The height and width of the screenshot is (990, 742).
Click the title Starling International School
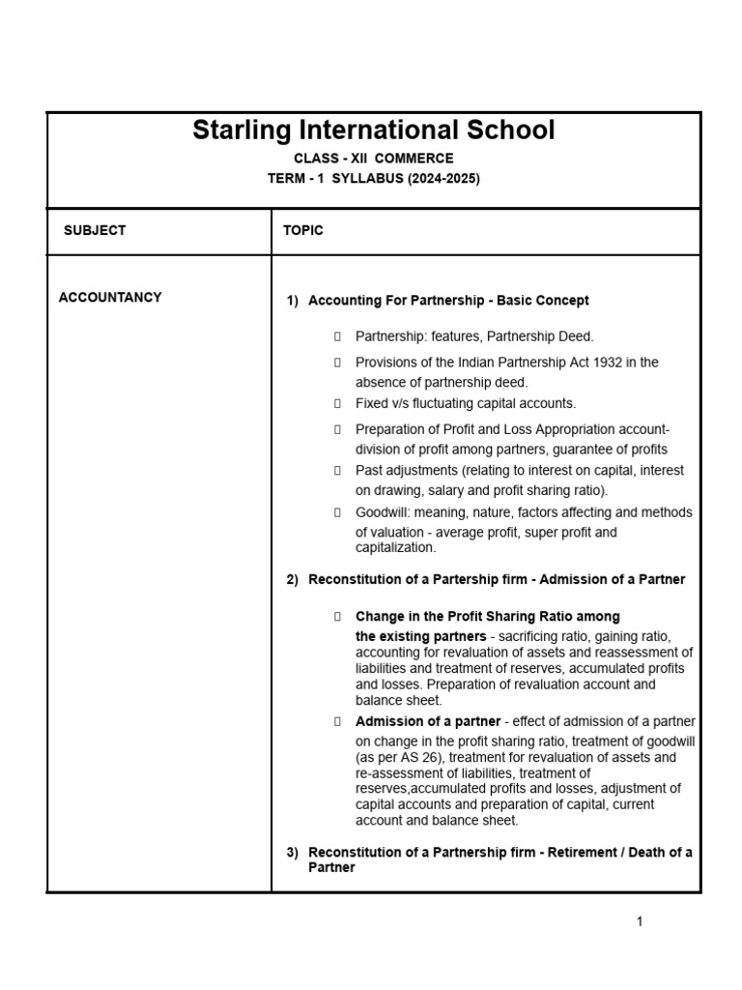pos(373,131)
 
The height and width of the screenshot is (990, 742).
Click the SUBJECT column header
pos(95,231)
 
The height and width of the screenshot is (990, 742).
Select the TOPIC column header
pos(303,231)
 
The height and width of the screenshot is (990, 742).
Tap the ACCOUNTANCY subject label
pos(110,298)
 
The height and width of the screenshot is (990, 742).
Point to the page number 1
pos(640,921)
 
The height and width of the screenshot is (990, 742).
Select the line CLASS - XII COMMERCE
pos(373,159)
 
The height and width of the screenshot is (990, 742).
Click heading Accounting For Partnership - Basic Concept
pos(448,301)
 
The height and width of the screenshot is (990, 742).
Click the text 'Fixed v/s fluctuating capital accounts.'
pos(465,403)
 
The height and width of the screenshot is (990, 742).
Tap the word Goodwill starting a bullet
pos(382,512)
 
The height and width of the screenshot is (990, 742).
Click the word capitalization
pos(395,547)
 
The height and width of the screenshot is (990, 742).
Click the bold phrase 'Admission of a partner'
pos(428,721)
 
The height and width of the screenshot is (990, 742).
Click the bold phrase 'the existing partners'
pos(420,636)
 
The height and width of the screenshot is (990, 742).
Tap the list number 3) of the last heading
pos(293,853)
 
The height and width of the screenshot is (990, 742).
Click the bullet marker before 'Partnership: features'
pos(337,336)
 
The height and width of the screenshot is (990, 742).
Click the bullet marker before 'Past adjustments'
pos(337,471)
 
